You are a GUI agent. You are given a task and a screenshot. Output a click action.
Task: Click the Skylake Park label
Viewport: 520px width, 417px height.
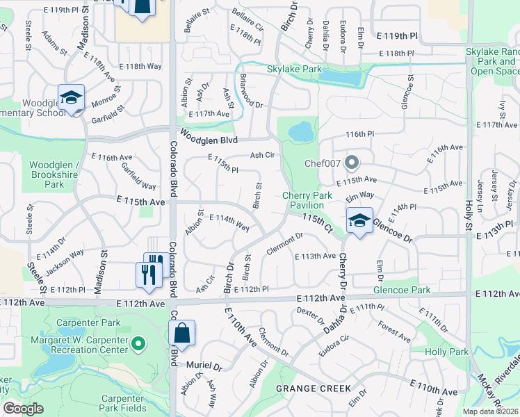[x=294, y=69]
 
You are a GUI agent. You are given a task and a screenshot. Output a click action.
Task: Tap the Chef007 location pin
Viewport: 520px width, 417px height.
[x=352, y=163]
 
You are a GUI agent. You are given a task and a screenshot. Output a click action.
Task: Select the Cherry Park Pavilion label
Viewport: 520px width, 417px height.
[x=307, y=201]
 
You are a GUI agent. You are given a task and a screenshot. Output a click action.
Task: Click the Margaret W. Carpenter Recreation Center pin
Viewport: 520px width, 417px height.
[x=138, y=343]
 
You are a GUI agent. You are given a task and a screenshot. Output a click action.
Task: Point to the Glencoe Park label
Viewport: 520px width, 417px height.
[x=401, y=290]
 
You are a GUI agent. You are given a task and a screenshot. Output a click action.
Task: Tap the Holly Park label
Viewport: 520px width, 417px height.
[x=447, y=352]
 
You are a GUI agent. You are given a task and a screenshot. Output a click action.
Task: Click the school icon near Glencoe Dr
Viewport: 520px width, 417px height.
[x=359, y=221]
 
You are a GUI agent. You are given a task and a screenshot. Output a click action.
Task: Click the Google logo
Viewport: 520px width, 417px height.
[x=23, y=409]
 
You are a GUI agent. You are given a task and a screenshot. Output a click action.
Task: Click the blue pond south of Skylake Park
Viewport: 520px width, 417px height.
[x=302, y=131]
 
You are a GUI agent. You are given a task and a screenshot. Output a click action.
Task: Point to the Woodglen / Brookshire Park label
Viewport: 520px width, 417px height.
[x=54, y=174]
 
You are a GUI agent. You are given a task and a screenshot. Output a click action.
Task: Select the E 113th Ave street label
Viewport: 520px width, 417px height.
[x=316, y=256]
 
